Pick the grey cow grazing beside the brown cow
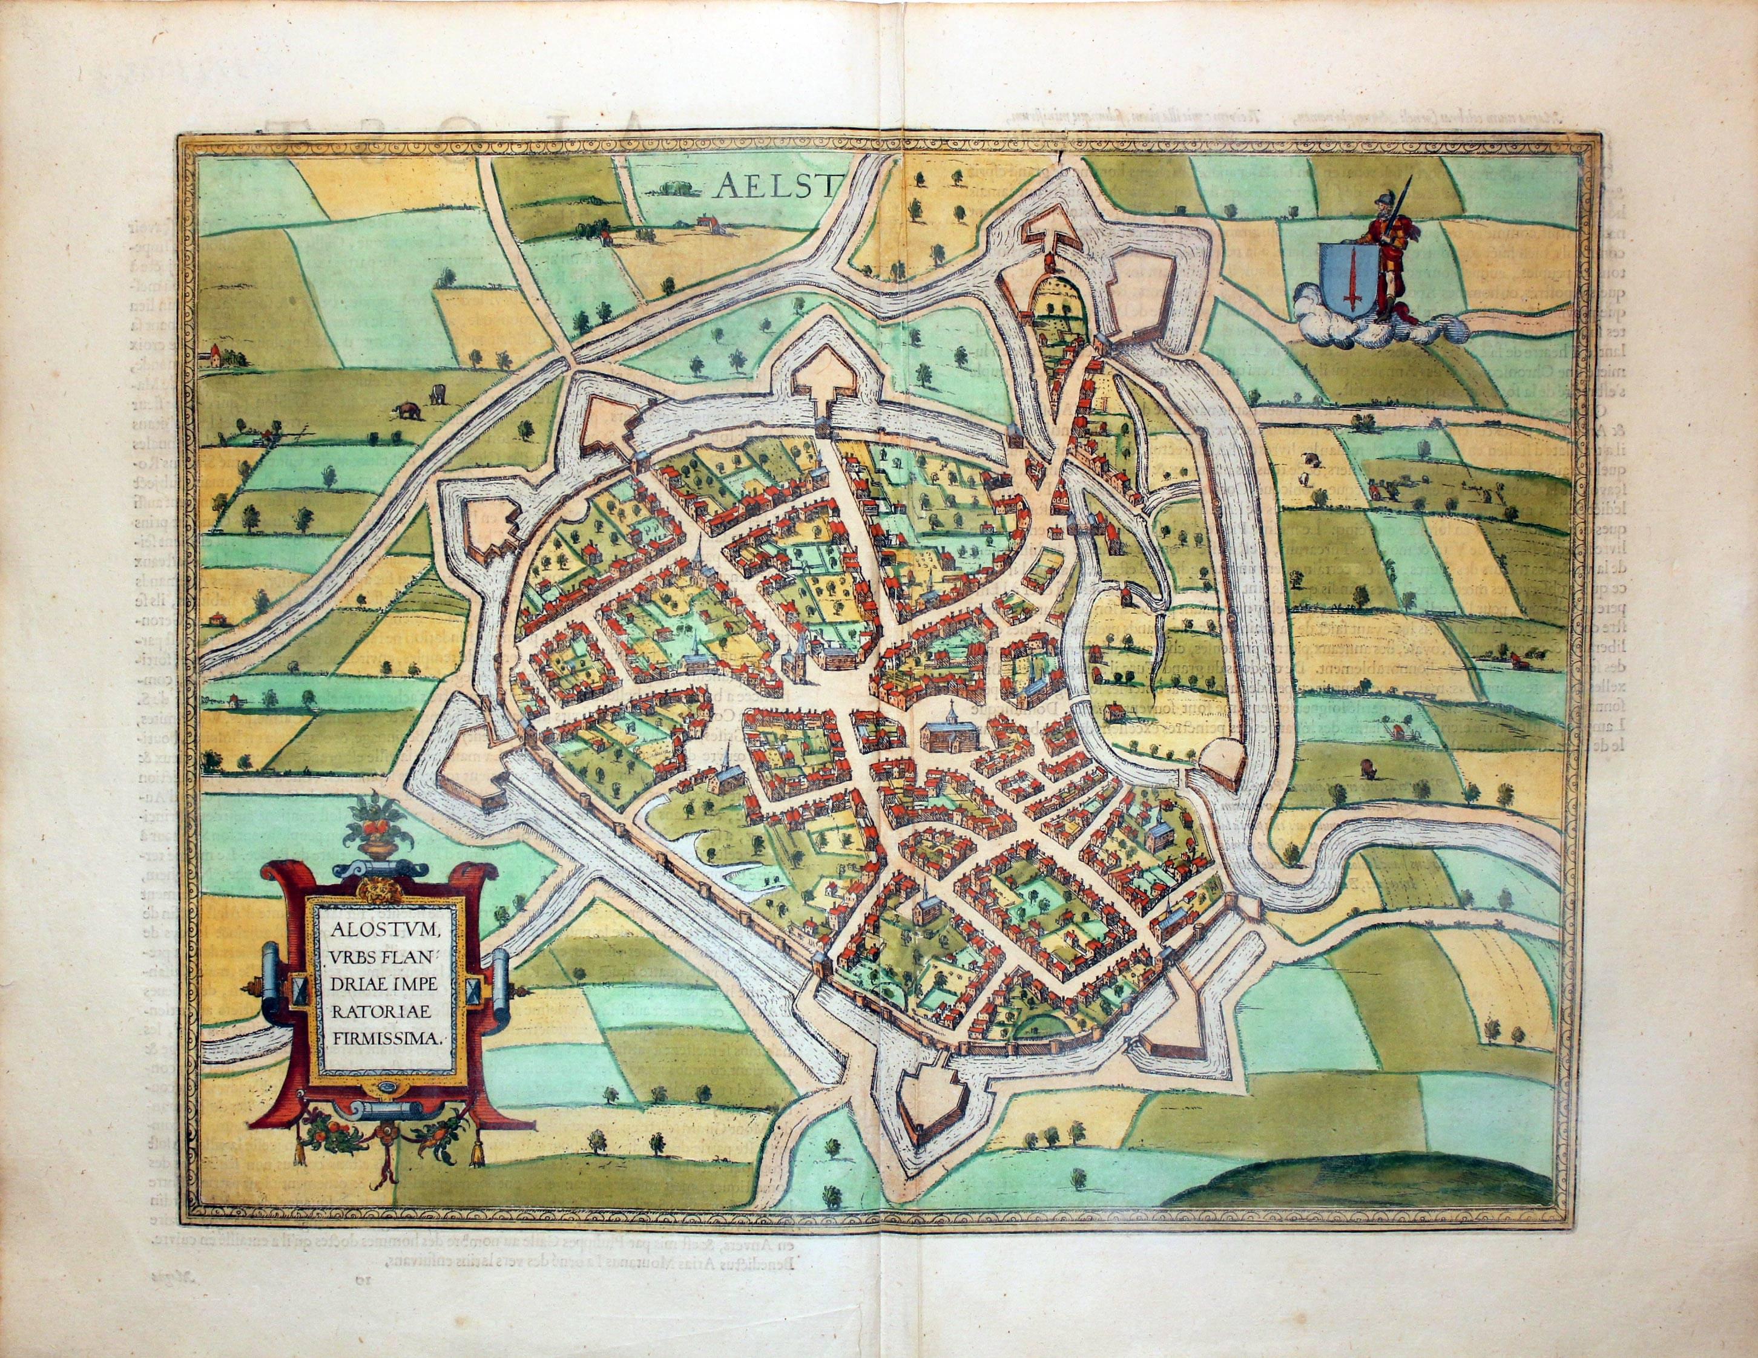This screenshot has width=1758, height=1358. (x=439, y=394)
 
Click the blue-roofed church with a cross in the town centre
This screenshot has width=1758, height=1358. (x=950, y=732)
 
